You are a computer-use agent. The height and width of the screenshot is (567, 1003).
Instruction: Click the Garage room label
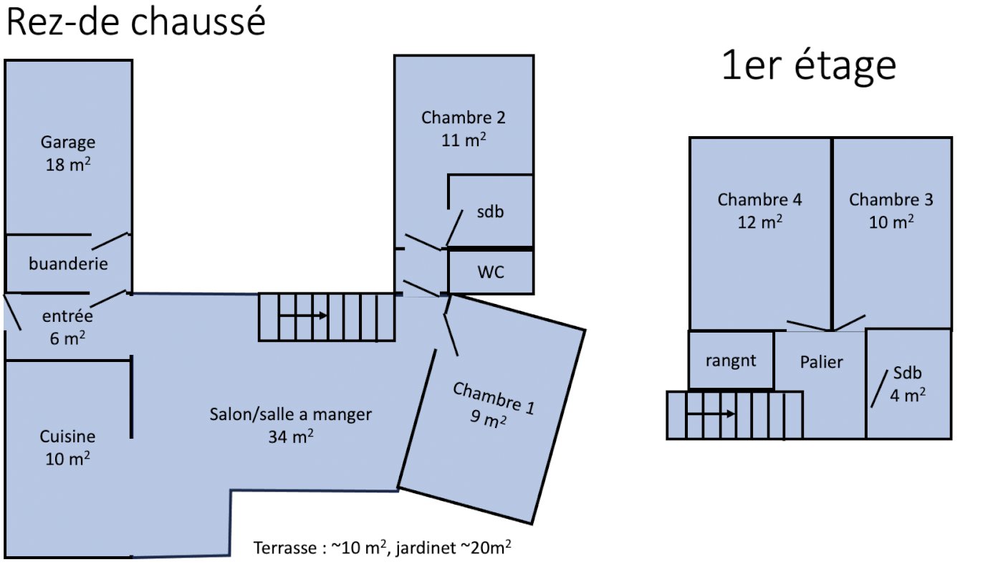68,142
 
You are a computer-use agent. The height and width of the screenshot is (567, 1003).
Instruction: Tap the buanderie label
68,264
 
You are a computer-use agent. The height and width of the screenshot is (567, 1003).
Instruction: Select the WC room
491,272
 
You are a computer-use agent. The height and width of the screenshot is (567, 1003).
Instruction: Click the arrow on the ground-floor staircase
303,315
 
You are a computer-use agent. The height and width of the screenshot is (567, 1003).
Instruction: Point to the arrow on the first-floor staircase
711,414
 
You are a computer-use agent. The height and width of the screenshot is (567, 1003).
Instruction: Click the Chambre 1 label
493,399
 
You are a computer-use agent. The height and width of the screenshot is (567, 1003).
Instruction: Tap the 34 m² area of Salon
291,437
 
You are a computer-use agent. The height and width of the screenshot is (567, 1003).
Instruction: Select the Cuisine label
67,437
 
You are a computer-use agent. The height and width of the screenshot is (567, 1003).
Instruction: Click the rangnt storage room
731,361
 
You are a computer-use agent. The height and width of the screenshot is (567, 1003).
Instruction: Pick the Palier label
821,362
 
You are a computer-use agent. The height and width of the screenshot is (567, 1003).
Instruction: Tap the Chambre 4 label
759,200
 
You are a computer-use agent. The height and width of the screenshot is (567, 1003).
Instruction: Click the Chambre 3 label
891,200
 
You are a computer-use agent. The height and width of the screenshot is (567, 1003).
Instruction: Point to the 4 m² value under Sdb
908,395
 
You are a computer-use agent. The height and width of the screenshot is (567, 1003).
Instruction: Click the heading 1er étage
809,66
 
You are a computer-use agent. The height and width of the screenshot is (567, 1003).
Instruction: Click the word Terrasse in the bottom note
284,548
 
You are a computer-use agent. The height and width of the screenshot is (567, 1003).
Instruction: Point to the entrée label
68,315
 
